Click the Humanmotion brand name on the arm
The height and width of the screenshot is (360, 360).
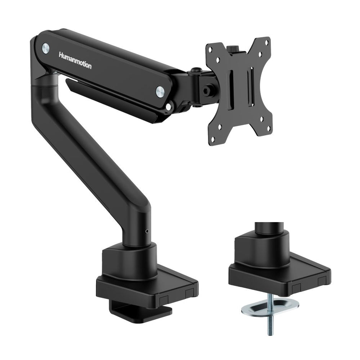[x=75, y=61]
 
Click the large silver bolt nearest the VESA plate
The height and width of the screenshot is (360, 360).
[x=160, y=91]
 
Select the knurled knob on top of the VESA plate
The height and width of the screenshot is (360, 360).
[x=232, y=49]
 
